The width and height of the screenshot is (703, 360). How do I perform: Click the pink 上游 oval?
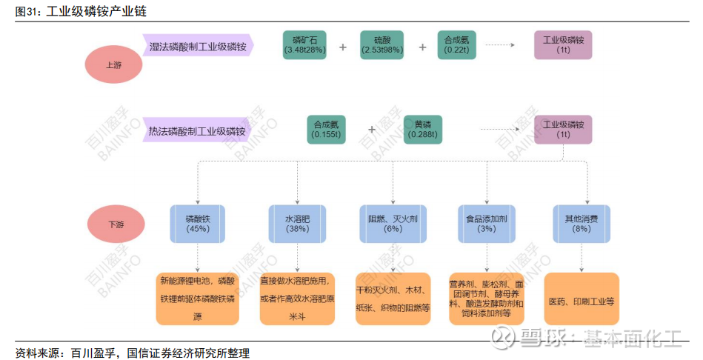pyautogui.click(x=113, y=65)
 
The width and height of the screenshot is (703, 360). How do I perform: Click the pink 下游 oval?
pyautogui.click(x=116, y=224)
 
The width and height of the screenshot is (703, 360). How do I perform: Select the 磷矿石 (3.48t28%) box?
pyautogui.click(x=305, y=45)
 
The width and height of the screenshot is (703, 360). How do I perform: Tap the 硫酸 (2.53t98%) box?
pyautogui.click(x=382, y=45)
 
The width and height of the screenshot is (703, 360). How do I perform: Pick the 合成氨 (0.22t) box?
pyautogui.click(x=457, y=45)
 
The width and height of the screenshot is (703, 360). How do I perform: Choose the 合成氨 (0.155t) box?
pyautogui.click(x=327, y=130)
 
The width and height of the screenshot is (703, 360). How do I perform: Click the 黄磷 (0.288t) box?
pyautogui.click(x=423, y=130)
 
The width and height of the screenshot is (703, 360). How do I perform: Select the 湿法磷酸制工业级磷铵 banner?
pyautogui.click(x=199, y=45)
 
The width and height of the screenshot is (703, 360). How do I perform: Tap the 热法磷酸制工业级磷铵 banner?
pyautogui.click(x=197, y=130)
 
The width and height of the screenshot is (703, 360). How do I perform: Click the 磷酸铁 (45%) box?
pyautogui.click(x=198, y=224)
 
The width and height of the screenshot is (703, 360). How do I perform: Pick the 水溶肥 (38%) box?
pyautogui.click(x=297, y=224)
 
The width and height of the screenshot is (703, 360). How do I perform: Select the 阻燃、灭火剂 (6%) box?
pyautogui.click(x=393, y=224)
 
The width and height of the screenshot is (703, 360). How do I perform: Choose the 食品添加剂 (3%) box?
pyautogui.click(x=487, y=224)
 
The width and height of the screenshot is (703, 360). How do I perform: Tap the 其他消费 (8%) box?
pyautogui.click(x=582, y=224)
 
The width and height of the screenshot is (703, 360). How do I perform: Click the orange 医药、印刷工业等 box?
pyautogui.click(x=582, y=299)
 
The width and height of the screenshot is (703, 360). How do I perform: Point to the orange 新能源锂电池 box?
pyautogui.click(x=197, y=299)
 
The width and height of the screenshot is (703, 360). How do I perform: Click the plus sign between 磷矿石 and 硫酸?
pyautogui.click(x=343, y=47)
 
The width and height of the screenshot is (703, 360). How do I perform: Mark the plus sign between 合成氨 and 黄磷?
pyautogui.click(x=372, y=130)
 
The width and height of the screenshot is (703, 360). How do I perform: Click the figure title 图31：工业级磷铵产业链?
pyautogui.click(x=81, y=11)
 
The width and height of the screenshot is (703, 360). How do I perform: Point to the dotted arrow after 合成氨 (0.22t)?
pyautogui.click(x=500, y=45)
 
